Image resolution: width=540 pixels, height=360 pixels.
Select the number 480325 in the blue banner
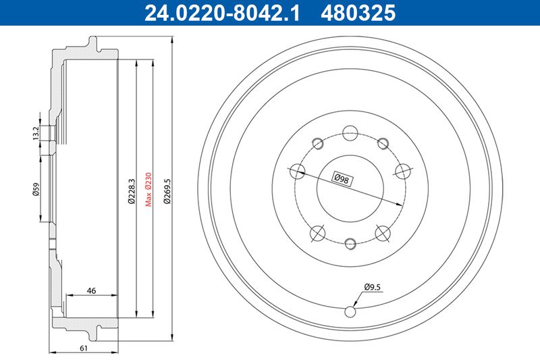click(x=360, y=11)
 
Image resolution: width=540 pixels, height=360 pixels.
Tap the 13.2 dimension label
click(x=36, y=133)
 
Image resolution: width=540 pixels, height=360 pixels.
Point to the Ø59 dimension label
click(x=36, y=191)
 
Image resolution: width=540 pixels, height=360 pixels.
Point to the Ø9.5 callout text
click(x=373, y=286)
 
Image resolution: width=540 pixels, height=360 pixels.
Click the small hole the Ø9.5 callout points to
click(x=350, y=311)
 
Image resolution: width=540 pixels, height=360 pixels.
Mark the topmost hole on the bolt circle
click(x=350, y=132)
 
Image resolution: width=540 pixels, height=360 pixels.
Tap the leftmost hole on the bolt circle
click(x=295, y=171)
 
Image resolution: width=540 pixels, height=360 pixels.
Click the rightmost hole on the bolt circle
click(x=404, y=171)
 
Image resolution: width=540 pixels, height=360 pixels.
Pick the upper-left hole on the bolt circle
click(x=317, y=143)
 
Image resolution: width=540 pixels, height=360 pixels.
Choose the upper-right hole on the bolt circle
click(x=383, y=143)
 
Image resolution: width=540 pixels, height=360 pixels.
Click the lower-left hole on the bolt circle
click(x=317, y=234)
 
